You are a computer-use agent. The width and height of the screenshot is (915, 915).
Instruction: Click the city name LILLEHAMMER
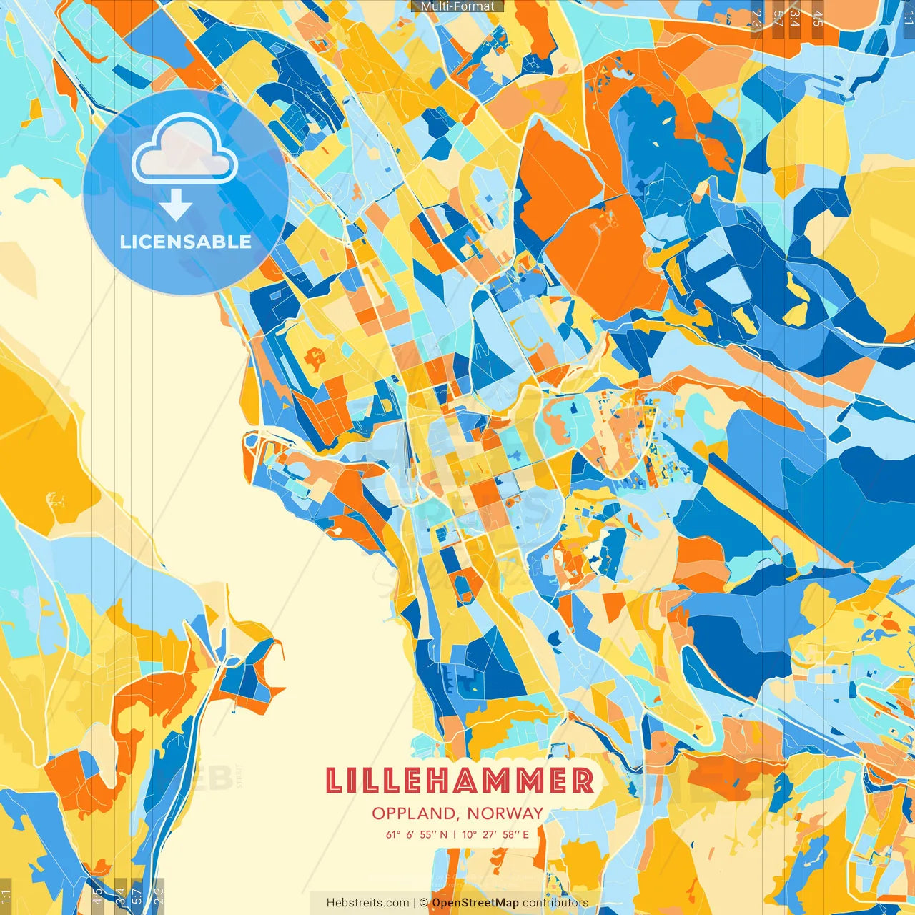459,781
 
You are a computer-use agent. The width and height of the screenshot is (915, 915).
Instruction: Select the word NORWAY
505,813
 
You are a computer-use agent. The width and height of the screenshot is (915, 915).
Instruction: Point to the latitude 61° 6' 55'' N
417,834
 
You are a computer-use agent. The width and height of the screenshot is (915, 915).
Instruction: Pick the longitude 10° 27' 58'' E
495,834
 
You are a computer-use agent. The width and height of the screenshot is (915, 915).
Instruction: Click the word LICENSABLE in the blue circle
186,242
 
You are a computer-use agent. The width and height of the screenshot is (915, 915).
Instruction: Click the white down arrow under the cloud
176,207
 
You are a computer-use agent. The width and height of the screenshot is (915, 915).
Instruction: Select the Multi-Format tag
457,6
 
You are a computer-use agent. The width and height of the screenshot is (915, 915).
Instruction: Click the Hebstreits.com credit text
367,903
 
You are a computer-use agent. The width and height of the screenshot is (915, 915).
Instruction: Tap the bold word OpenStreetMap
475,903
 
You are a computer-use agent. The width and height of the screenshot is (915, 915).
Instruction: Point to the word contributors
555,903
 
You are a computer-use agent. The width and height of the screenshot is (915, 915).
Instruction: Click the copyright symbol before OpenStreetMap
424,903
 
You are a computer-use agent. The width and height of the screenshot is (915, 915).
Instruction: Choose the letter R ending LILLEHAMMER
583,781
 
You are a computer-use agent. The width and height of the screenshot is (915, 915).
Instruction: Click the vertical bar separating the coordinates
455,834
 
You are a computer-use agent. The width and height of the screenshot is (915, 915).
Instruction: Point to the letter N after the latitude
444,834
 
